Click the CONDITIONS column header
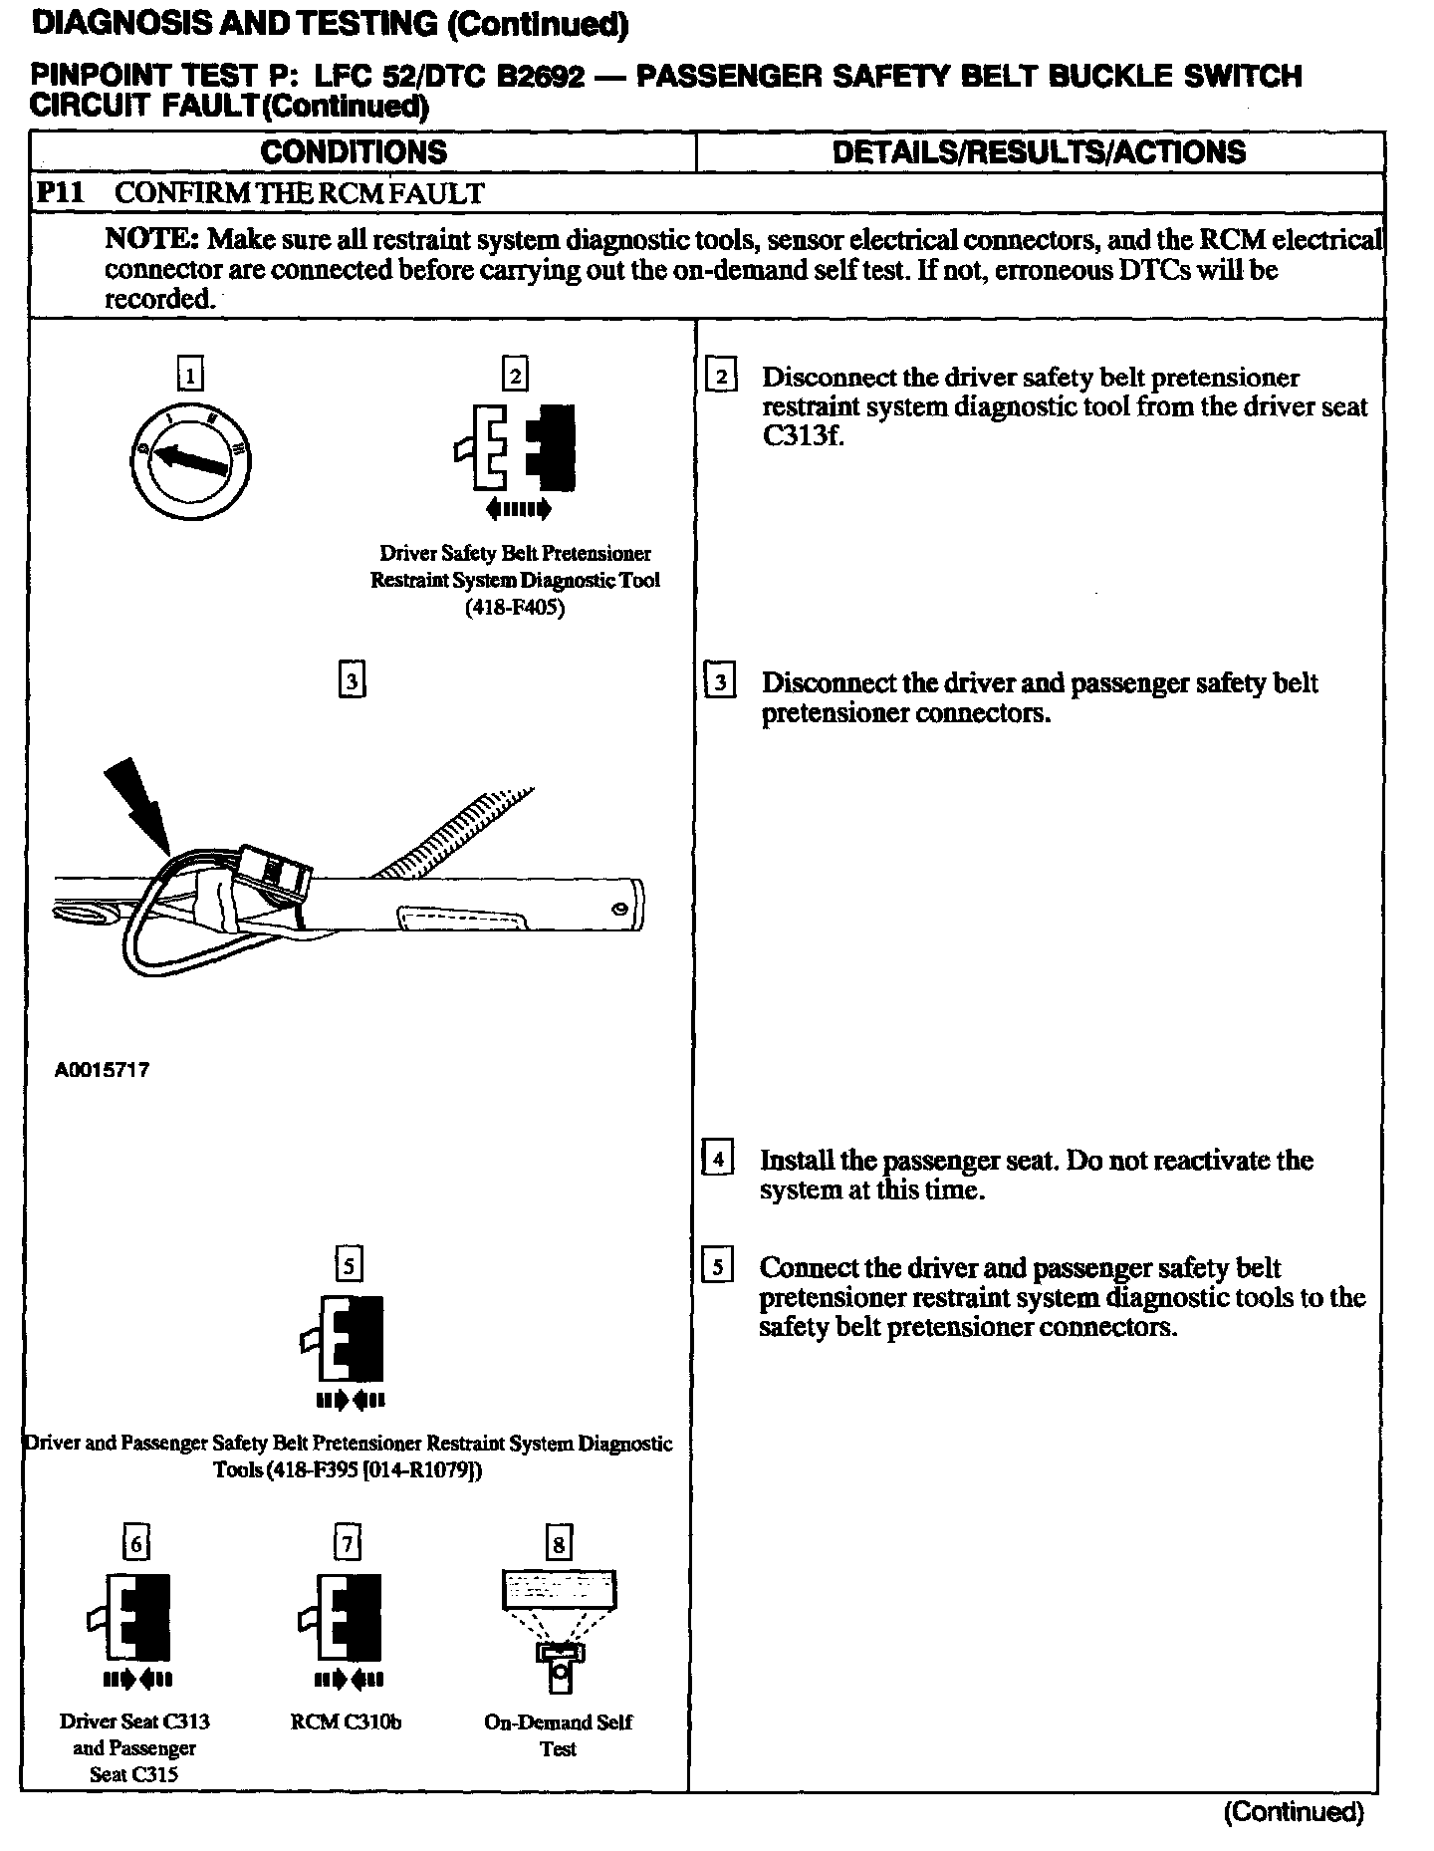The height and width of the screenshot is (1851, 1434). pos(354,152)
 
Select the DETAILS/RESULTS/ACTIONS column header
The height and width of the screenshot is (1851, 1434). pos(1039,152)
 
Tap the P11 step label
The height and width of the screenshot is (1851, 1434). pos(58,193)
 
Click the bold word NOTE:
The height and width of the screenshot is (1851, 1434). pos(152,240)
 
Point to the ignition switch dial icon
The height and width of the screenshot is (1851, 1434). pos(189,457)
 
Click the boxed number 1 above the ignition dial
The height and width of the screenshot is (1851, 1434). pos(189,375)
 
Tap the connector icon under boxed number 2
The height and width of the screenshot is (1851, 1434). pos(515,447)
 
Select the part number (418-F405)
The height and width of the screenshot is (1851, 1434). pos(515,608)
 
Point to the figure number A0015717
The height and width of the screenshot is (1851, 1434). pos(102,1071)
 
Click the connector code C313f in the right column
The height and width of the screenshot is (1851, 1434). pos(802,436)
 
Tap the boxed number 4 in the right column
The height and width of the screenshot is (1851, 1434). pos(718,1159)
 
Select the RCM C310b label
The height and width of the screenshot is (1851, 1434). pos(347,1721)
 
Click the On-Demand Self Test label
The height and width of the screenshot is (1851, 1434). pos(559,1734)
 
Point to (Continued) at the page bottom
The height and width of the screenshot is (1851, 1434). pos(1293,1811)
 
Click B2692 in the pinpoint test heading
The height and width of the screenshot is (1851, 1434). pos(540,77)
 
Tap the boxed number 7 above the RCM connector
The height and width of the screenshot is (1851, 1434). pos(347,1543)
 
